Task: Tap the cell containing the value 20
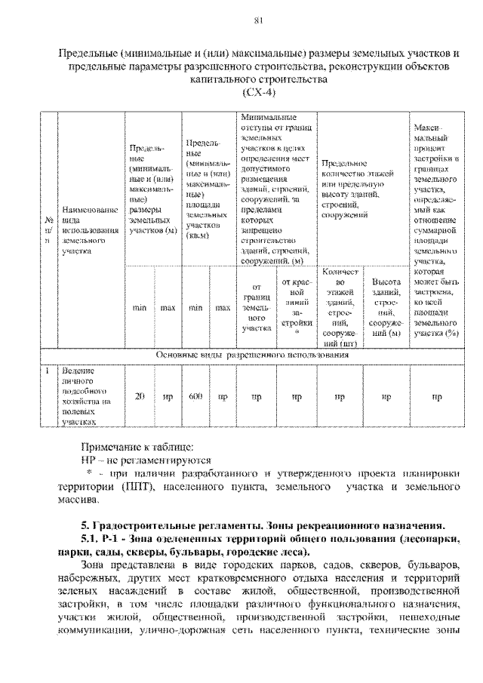[x=139, y=395]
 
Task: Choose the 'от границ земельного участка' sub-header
[x=257, y=307]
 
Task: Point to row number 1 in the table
[x=47, y=371]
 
